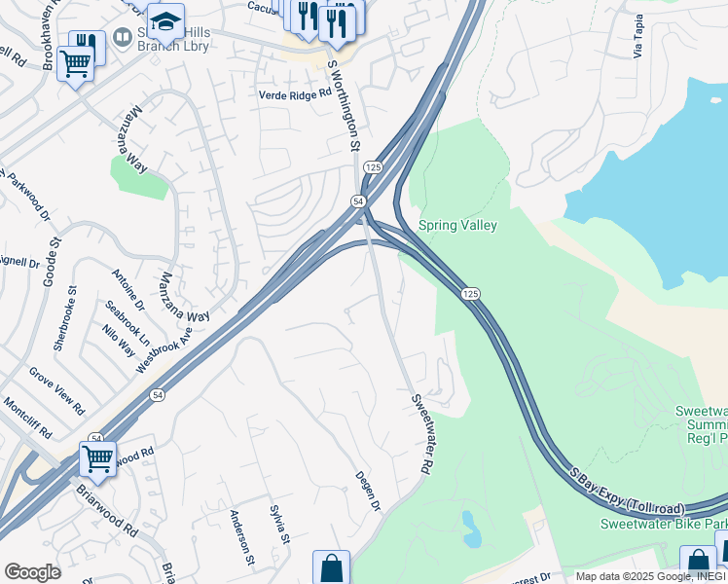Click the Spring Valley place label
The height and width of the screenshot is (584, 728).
coord(457,226)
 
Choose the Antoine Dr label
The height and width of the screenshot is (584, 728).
coord(127,289)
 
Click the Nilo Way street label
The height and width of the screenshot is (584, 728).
coord(119,341)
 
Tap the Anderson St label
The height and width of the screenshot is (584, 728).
coord(240,538)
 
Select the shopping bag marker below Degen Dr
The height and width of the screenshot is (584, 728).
coord(331,567)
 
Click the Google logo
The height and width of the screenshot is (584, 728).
coord(32,572)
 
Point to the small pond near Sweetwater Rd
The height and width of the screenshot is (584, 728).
coord(471,529)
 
